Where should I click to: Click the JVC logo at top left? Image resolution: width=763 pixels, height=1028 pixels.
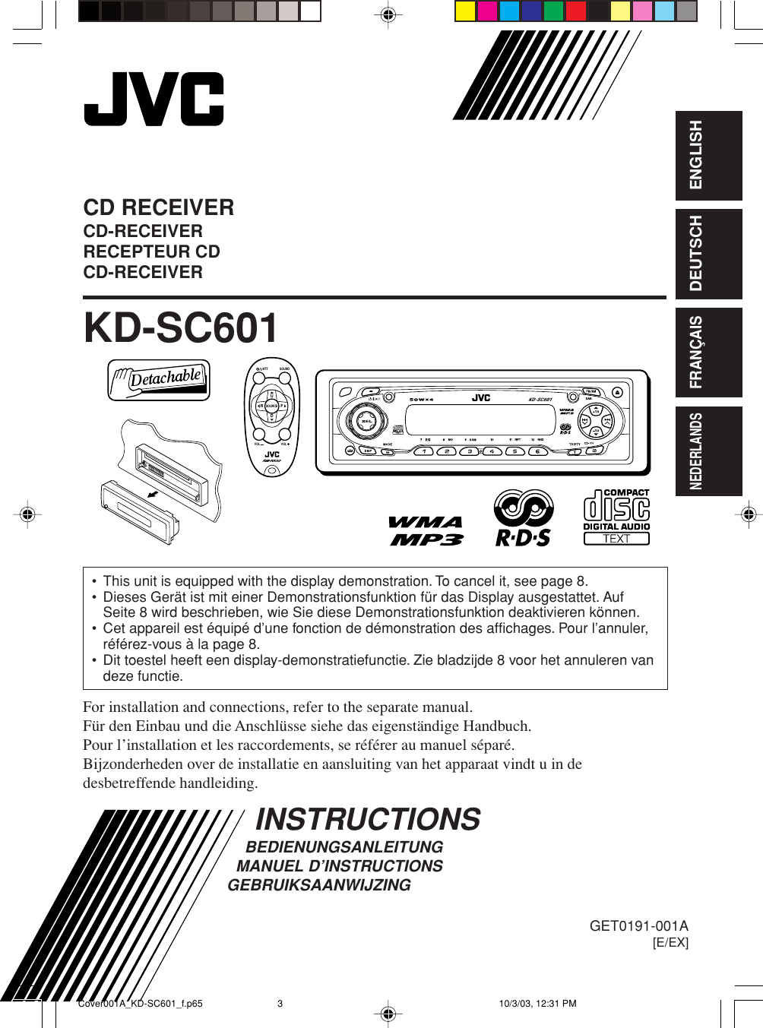pos(154,100)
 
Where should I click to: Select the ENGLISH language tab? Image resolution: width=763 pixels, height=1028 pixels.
pos(708,156)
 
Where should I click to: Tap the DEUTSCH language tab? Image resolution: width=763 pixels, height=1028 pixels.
pos(708,254)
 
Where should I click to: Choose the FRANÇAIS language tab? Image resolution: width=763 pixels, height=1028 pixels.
pos(708,353)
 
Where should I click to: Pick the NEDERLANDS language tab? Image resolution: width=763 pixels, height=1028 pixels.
pos(708,451)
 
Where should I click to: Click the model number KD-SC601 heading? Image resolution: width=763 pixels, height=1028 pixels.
pos(181,329)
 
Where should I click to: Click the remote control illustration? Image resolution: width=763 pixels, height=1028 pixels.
pos(272,416)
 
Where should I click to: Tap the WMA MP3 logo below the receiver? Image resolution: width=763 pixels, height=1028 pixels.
pos(426,530)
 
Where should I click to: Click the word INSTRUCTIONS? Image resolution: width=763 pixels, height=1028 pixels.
pos(368,819)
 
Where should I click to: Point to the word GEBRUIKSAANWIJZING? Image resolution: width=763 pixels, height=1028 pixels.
pos(319,885)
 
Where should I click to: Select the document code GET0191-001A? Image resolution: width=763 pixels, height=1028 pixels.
pos(638,925)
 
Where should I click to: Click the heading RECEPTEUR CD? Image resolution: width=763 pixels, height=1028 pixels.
pos(152,251)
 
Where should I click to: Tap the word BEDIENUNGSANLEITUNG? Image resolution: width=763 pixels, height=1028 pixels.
pos(344,847)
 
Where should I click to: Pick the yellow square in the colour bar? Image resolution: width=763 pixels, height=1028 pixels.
pos(465,11)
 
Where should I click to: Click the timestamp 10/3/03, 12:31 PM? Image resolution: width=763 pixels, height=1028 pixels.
pos(537,1004)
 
